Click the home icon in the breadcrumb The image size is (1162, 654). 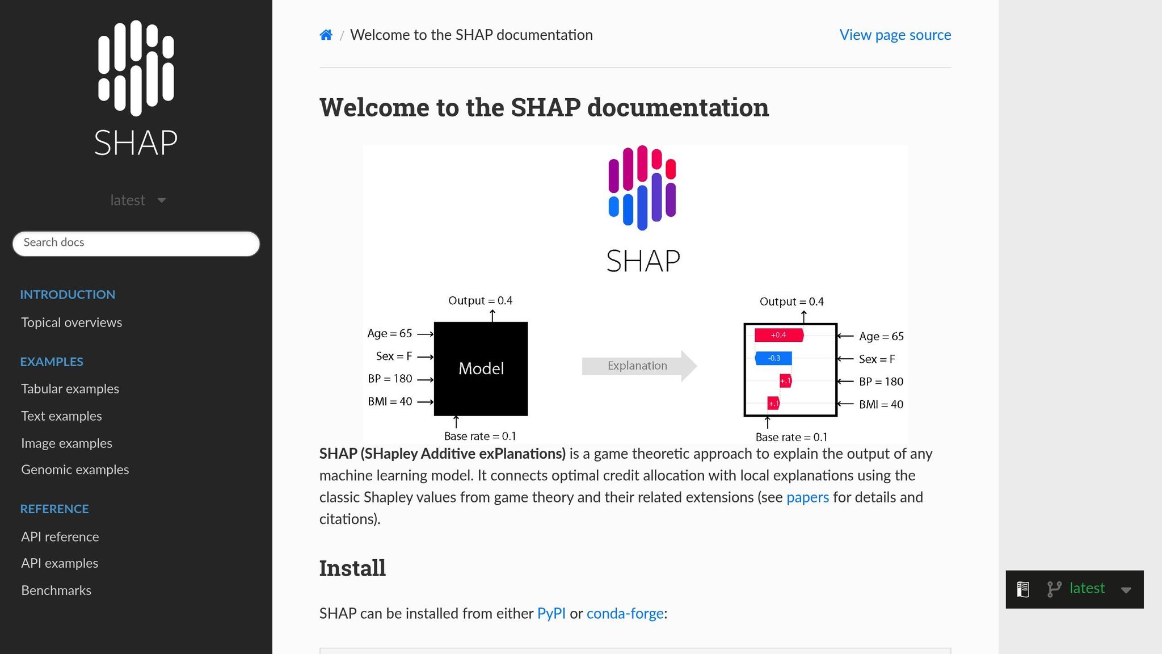pos(326,35)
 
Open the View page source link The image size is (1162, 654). pos(895,35)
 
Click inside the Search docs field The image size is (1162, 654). pos(136,243)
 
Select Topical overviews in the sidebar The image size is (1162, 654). pos(71,322)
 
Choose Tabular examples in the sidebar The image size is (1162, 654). pos(70,389)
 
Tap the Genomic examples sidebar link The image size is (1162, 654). pos(75,469)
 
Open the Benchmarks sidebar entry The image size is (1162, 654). pos(56,590)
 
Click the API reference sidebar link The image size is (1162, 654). pos(60,536)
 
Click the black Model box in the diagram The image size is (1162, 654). pos(481,368)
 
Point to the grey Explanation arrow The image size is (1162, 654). pos(638,366)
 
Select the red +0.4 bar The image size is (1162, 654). pos(778,335)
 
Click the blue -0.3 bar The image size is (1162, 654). pos(774,358)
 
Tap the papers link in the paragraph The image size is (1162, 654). pos(807,497)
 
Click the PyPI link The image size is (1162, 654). pos(551,614)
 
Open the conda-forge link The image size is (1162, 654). pos(625,614)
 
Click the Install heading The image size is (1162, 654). pos(352,568)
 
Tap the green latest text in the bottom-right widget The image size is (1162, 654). pos(1087,589)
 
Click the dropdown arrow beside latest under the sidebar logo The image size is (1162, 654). pos(162,200)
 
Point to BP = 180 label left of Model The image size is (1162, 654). pos(390,379)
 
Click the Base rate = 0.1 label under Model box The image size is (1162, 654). pos(480,436)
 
